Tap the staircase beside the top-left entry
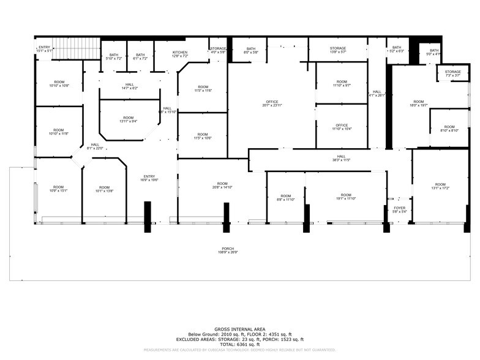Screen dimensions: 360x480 pyautogui.click(x=75, y=49)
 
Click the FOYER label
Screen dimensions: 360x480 pyautogui.click(x=399, y=210)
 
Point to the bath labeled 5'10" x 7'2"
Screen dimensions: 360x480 pyautogui.click(x=114, y=56)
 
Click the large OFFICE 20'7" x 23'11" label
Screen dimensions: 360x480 pyautogui.click(x=272, y=103)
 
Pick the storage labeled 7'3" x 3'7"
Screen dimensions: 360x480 pyautogui.click(x=453, y=73)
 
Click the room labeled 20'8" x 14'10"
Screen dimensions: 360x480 pyautogui.click(x=222, y=186)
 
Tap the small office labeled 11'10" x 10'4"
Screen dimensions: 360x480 pyautogui.click(x=342, y=127)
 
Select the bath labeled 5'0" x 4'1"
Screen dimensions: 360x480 pyautogui.click(x=434, y=53)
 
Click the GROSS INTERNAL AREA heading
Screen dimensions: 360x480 pyautogui.click(x=239, y=329)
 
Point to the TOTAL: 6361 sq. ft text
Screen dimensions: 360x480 pyautogui.click(x=239, y=344)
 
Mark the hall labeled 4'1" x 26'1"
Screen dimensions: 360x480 pyautogui.click(x=377, y=94)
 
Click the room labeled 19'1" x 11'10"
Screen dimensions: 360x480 pyautogui.click(x=346, y=197)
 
